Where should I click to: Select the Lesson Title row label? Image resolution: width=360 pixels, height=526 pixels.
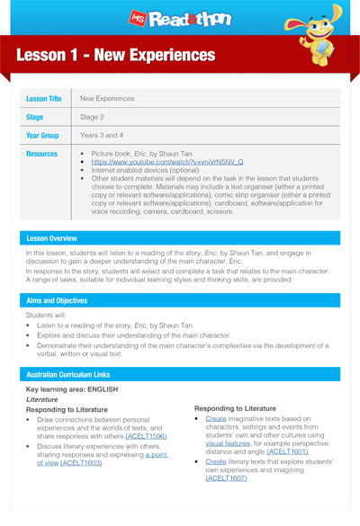coord(47,98)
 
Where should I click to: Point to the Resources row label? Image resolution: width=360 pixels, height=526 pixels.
coord(43,154)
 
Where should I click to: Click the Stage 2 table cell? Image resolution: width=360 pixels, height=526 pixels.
coord(94,116)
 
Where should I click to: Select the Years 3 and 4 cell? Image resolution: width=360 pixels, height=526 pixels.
coord(104,134)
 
